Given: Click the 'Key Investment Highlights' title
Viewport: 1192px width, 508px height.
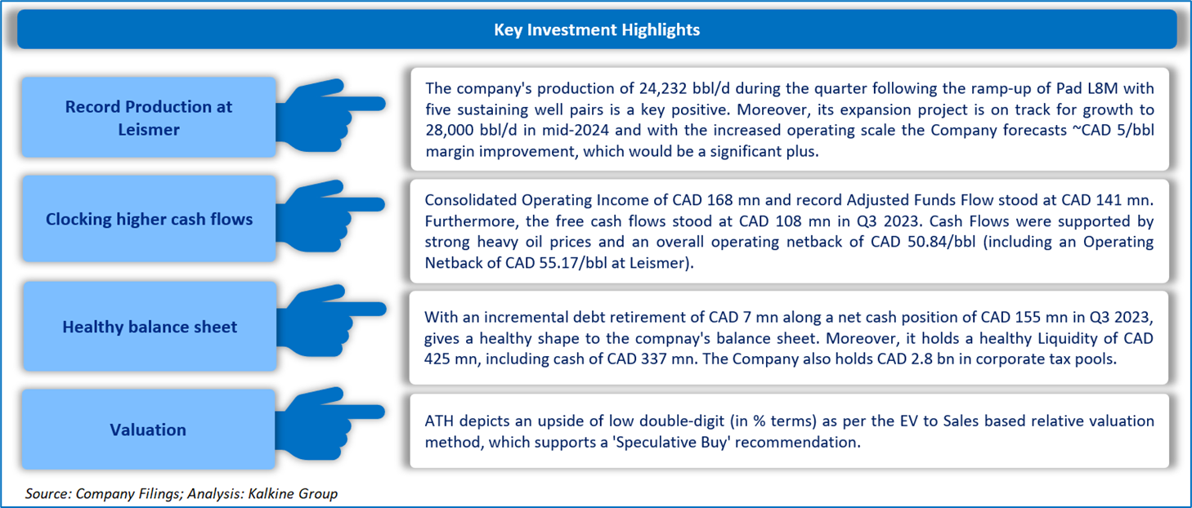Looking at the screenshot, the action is pos(597,29).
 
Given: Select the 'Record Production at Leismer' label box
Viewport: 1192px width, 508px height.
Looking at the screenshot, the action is pos(149,118).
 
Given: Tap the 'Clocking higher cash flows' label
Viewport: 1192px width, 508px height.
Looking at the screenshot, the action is pos(149,219).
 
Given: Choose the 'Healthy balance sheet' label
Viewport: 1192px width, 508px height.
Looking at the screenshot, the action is pos(150,326).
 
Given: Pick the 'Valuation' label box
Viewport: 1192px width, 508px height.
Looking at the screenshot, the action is pos(149,430).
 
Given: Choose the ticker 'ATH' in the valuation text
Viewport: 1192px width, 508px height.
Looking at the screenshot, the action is pos(439,421).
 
